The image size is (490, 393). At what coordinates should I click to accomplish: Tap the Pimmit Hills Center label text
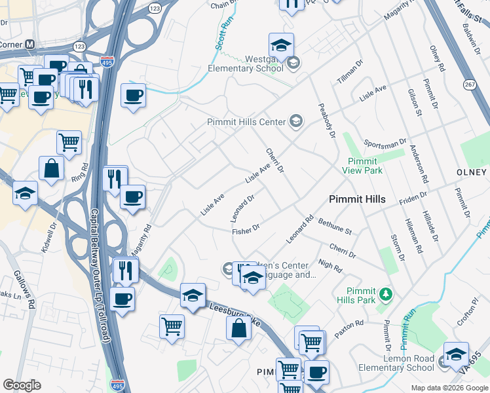pos(247,122)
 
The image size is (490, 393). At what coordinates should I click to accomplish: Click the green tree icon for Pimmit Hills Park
pos(386,292)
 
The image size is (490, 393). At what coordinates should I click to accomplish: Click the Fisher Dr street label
pos(246,229)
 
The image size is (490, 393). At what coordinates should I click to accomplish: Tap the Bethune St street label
pos(335,227)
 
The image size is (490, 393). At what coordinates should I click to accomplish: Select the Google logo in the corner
pos(22,385)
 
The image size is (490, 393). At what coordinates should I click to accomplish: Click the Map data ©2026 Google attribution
pos(449,388)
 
